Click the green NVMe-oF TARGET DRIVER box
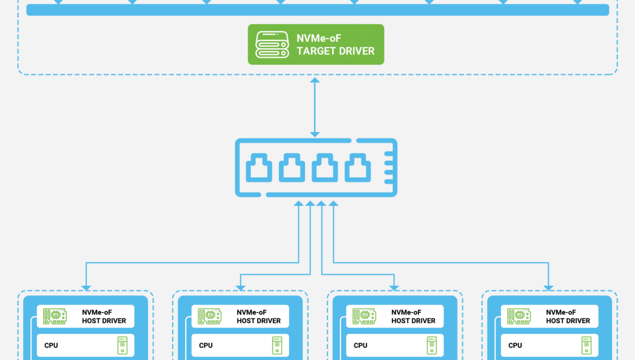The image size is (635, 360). pyautogui.click(x=316, y=44)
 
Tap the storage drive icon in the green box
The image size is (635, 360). pyautogui.click(x=272, y=45)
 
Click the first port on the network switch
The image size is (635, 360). pyautogui.click(x=259, y=168)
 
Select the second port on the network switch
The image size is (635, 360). pyautogui.click(x=291, y=168)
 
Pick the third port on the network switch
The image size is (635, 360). pyautogui.click(x=325, y=168)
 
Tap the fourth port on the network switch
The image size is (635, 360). pyautogui.click(x=358, y=168)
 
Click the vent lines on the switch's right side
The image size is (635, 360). pyautogui.click(x=389, y=168)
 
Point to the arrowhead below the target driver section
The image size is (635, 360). pyautogui.click(x=315, y=80)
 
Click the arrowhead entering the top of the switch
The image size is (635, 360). pyautogui.click(x=315, y=135)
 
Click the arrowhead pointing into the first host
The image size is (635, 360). pyautogui.click(x=86, y=288)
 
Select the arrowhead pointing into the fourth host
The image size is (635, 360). pyautogui.click(x=548, y=288)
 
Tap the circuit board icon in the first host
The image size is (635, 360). pyautogui.click(x=55, y=316)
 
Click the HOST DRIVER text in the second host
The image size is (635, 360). pyautogui.click(x=258, y=321)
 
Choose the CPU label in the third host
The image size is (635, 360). pyautogui.click(x=360, y=345)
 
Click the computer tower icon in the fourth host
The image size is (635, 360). pyautogui.click(x=586, y=345)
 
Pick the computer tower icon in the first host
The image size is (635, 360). pyautogui.click(x=122, y=345)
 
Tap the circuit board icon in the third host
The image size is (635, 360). pyautogui.click(x=364, y=316)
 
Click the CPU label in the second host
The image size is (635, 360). pyautogui.click(x=206, y=345)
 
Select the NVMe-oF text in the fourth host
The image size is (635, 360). pyautogui.click(x=561, y=312)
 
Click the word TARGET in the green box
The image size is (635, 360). pyautogui.click(x=317, y=51)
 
